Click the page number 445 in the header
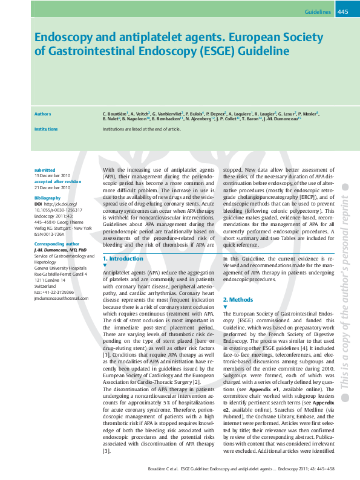pyautogui.click(x=342, y=11)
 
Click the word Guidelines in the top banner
pyautogui.click(x=318, y=11)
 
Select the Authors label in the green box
pyautogui.click(x=42, y=114)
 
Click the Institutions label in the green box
pyautogui.click(x=46, y=129)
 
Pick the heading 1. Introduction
pyautogui.click(x=123, y=258)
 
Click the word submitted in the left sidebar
pyautogui.click(x=45, y=170)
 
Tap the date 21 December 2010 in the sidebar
pyautogui.click(x=53, y=187)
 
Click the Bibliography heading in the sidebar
pyautogui.click(x=47, y=198)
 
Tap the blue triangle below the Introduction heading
pyautogui.click(x=105, y=265)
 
